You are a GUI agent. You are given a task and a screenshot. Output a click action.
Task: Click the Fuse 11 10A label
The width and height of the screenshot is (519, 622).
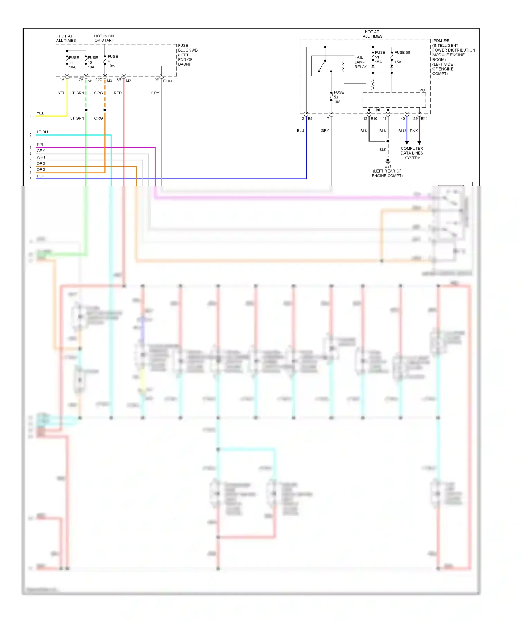click(x=73, y=63)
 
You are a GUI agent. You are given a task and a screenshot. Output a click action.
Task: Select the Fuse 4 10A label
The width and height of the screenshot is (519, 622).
click(x=112, y=61)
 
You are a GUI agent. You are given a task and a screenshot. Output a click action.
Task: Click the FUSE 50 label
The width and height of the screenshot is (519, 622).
click(x=402, y=53)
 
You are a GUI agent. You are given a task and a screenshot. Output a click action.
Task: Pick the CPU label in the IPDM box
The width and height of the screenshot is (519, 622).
click(x=420, y=90)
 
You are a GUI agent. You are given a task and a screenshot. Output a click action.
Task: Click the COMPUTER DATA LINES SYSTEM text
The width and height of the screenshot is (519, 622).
click(x=412, y=153)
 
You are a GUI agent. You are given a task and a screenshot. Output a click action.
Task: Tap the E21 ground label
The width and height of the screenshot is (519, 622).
click(x=388, y=166)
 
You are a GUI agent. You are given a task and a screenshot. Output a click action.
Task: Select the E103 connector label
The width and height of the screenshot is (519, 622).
click(x=167, y=81)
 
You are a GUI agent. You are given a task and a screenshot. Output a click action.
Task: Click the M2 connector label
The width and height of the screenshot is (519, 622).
click(x=128, y=81)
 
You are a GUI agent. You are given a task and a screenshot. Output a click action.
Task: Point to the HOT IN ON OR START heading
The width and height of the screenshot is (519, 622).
click(x=104, y=38)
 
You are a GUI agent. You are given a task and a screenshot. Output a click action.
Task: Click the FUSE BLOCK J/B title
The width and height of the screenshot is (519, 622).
click(x=187, y=48)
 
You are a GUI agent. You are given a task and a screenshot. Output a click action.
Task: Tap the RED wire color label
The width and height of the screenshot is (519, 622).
click(x=118, y=93)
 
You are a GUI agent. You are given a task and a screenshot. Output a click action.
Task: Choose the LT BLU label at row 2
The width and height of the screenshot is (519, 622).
click(x=43, y=132)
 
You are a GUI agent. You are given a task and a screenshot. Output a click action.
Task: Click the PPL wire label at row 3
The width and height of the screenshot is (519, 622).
click(x=40, y=145)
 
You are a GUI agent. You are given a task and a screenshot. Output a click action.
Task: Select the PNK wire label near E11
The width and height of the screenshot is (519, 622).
click(x=413, y=131)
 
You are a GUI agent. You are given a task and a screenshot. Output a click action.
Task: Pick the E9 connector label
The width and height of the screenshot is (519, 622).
click(x=310, y=119)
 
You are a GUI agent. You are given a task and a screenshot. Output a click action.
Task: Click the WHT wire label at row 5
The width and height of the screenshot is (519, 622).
click(x=41, y=157)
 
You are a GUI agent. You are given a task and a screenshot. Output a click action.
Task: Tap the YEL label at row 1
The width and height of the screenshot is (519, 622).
click(x=40, y=113)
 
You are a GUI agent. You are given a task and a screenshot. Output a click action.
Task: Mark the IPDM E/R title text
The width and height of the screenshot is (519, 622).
click(x=441, y=41)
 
